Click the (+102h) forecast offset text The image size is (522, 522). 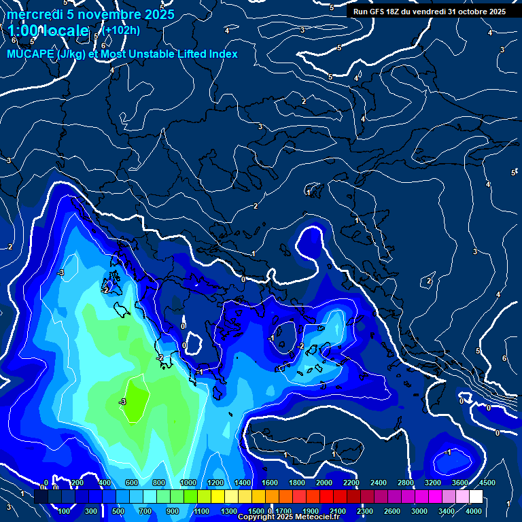tap(122, 30)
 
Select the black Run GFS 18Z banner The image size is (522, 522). tap(430, 12)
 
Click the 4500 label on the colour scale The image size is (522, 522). tap(487, 483)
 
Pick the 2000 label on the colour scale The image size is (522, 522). tap(324, 483)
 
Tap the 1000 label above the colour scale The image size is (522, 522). tap(188, 483)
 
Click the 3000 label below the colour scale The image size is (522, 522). tap(419, 511)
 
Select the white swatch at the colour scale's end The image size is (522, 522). tap(476, 497)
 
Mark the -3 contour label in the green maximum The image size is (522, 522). tap(122, 402)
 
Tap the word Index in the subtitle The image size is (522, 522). tap(223, 54)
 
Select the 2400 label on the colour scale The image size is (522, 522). tap(378, 483)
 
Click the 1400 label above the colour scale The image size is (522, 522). tap(242, 483)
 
